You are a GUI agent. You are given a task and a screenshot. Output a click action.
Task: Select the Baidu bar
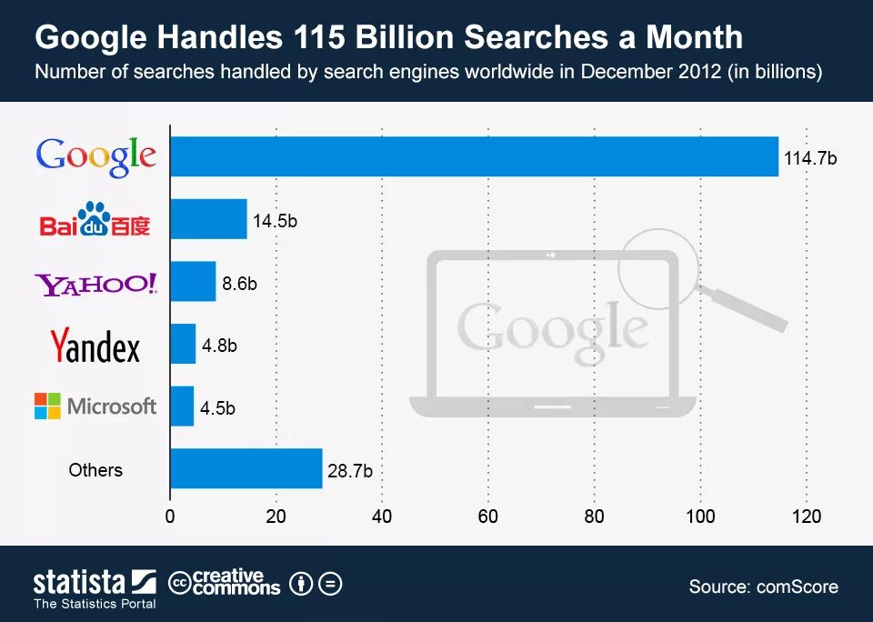pyautogui.click(x=209, y=219)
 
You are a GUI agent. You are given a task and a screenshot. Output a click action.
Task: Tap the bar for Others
pyautogui.click(x=246, y=468)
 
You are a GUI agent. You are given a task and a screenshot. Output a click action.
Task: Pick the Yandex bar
pyautogui.click(x=183, y=344)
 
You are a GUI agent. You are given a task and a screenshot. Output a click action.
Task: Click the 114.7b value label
pyautogui.click(x=809, y=158)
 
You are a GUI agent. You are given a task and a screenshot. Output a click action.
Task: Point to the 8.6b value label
pyautogui.click(x=239, y=283)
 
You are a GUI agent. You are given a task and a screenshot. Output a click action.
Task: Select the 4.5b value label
pyautogui.click(x=217, y=408)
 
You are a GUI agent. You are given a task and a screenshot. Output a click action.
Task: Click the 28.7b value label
pyautogui.click(x=350, y=470)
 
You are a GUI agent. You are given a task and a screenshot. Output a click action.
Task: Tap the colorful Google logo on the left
pyautogui.click(x=95, y=156)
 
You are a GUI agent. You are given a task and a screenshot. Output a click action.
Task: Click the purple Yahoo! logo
pyautogui.click(x=95, y=285)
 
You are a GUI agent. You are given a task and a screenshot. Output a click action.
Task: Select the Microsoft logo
pyautogui.click(x=95, y=406)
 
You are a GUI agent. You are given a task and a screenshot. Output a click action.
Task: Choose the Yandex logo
pyautogui.click(x=95, y=346)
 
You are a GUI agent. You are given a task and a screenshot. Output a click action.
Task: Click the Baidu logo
pyautogui.click(x=95, y=220)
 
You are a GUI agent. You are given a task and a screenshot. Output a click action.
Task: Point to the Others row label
pyautogui.click(x=95, y=470)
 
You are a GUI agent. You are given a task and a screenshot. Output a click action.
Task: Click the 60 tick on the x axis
pyautogui.click(x=488, y=517)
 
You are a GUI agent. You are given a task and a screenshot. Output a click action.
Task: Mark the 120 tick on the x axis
pyautogui.click(x=807, y=517)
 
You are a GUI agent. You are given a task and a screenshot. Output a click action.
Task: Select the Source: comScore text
pyautogui.click(x=763, y=587)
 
